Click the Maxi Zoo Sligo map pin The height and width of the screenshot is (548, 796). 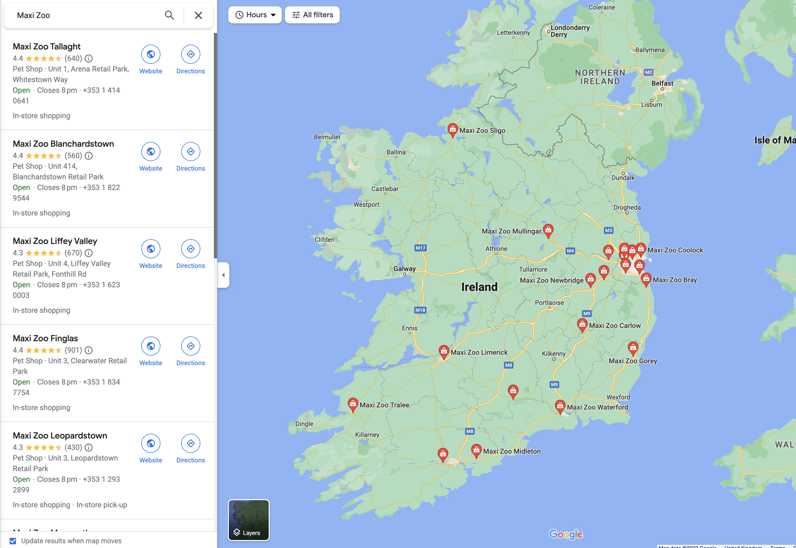pyautogui.click(x=452, y=129)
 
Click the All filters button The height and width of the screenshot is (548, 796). pyautogui.click(x=312, y=15)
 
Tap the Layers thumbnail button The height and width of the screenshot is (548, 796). pyautogui.click(x=248, y=520)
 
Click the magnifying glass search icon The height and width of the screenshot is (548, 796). pyautogui.click(x=169, y=15)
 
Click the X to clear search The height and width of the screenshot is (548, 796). pyautogui.click(x=198, y=15)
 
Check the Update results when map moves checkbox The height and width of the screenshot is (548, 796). pyautogui.click(x=13, y=541)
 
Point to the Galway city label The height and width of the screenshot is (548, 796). pyautogui.click(x=405, y=268)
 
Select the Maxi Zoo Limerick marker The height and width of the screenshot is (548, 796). pyautogui.click(x=444, y=351)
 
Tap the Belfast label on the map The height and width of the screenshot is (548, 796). pyautogui.click(x=662, y=83)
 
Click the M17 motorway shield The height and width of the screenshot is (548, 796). pyautogui.click(x=420, y=248)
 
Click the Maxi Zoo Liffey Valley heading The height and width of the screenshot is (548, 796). pyautogui.click(x=55, y=241)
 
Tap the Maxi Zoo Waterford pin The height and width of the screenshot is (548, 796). pyautogui.click(x=560, y=406)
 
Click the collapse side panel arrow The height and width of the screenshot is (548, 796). pyautogui.click(x=223, y=275)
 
